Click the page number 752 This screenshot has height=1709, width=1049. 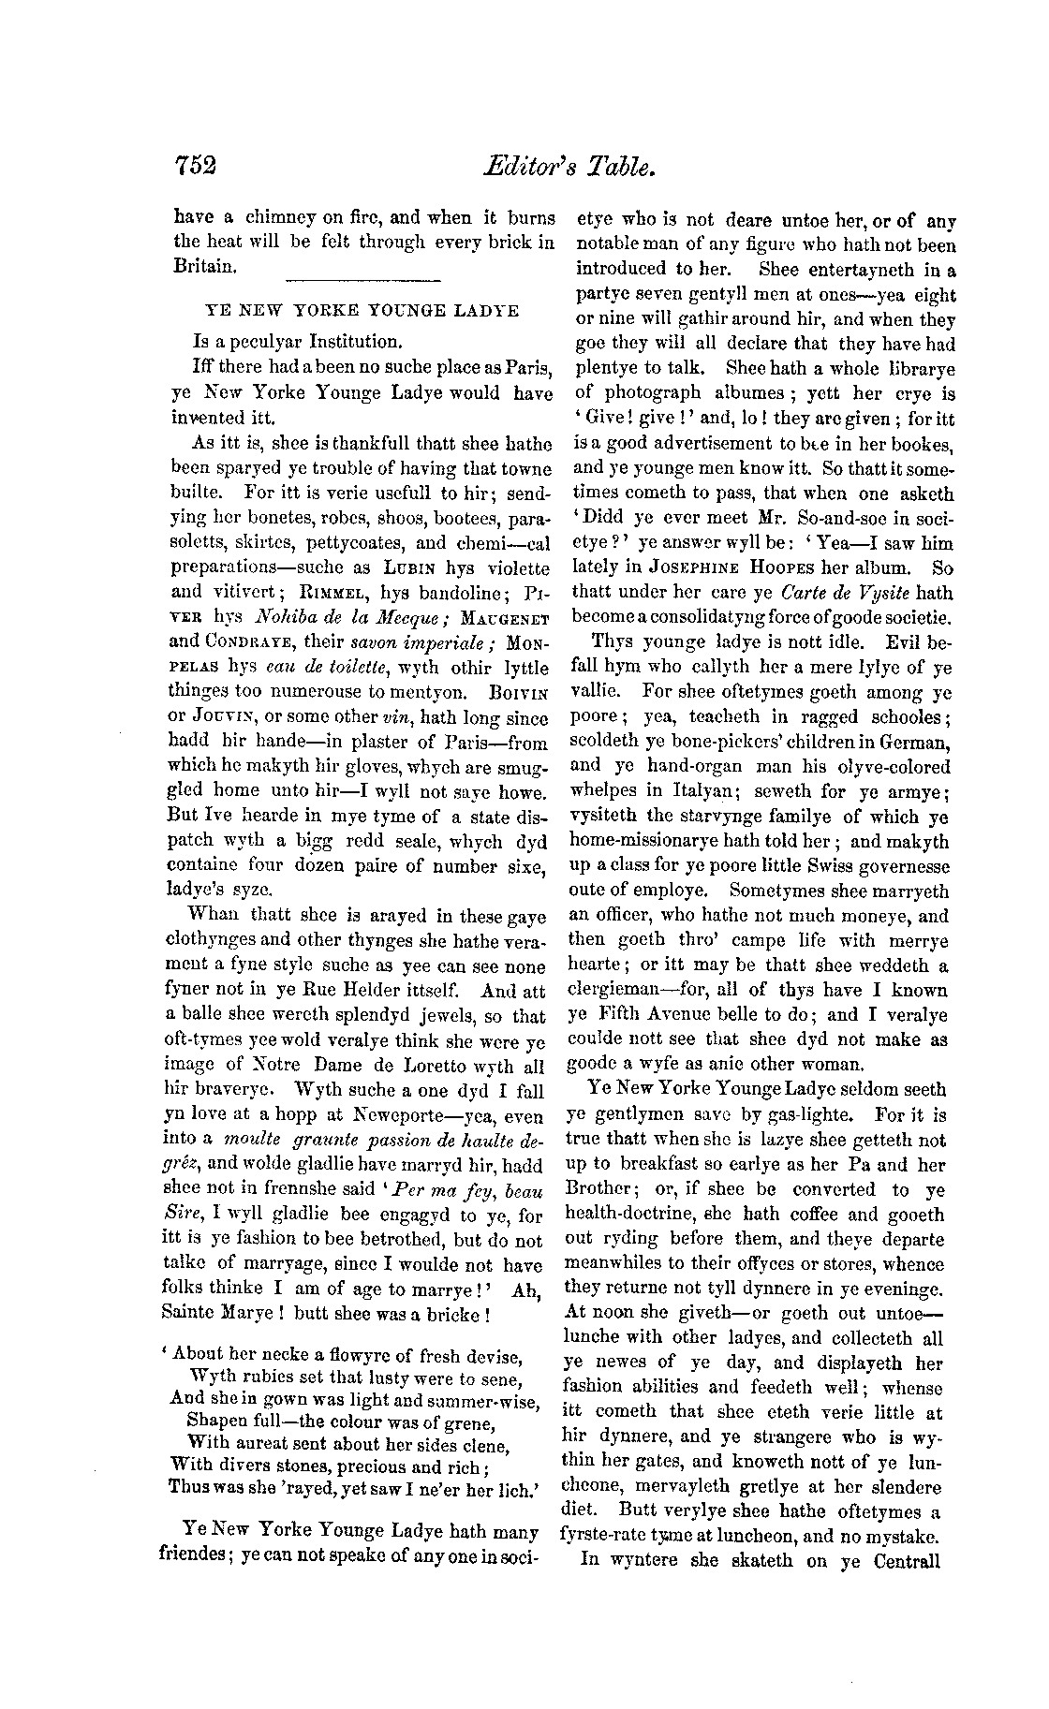click(x=195, y=166)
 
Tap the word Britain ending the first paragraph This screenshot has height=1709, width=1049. click(x=204, y=265)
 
